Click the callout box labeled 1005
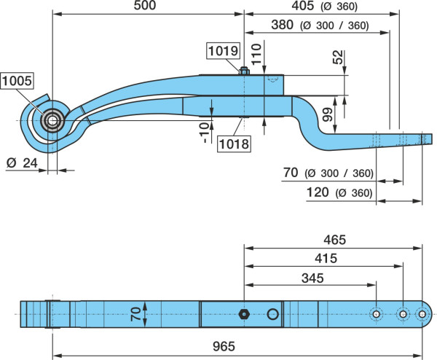pyautogui.click(x=17, y=81)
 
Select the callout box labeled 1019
pyautogui.click(x=224, y=51)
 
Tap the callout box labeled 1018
pyautogui.click(x=234, y=144)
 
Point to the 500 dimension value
pyautogui.click(x=145, y=5)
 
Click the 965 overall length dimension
pyautogui.click(x=224, y=346)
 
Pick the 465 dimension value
pyautogui.click(x=334, y=240)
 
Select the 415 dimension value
pyautogui.click(x=326, y=259)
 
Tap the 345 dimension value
pyautogui.click(x=312, y=278)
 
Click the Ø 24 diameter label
pyautogui.click(x=22, y=163)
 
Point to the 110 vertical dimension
pyautogui.click(x=257, y=54)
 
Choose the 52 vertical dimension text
pyautogui.click(x=338, y=57)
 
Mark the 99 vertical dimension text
pyautogui.click(x=328, y=114)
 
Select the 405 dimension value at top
pyautogui.click(x=303, y=6)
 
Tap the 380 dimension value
pyautogui.click(x=283, y=25)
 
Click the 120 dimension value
pyautogui.click(x=318, y=192)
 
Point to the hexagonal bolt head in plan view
pyautogui.click(x=244, y=314)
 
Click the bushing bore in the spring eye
pyautogui.click(x=52, y=121)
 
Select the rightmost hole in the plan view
pyautogui.click(x=422, y=314)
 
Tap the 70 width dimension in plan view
pyautogui.click(x=135, y=314)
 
